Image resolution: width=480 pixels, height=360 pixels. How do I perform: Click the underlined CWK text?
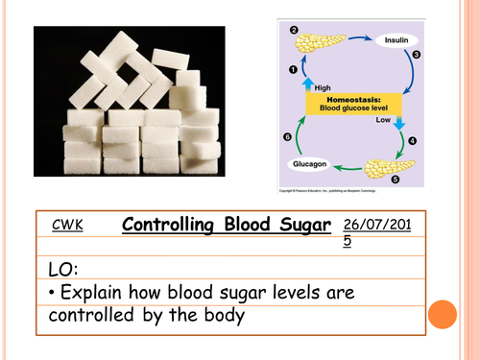(69, 226)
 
